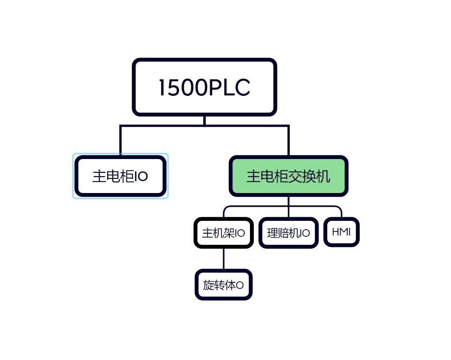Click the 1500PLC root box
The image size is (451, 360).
204,87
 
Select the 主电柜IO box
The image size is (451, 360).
120,176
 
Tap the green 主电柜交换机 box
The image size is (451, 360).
288,176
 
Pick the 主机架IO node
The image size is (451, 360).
223,233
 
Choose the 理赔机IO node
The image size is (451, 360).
288,233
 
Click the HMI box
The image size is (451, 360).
341,232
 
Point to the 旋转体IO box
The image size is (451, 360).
223,285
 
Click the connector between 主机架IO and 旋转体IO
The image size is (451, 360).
223,258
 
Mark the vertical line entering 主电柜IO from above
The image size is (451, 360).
120,141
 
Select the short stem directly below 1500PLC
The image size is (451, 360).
204,121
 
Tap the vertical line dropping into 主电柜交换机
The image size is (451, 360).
288,141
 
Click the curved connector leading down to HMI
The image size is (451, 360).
340,210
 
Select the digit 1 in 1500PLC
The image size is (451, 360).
162,87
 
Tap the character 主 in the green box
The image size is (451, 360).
253,177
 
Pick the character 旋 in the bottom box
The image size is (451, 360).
208,285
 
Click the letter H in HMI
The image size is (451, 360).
335,232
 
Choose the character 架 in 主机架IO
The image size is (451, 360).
230,233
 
